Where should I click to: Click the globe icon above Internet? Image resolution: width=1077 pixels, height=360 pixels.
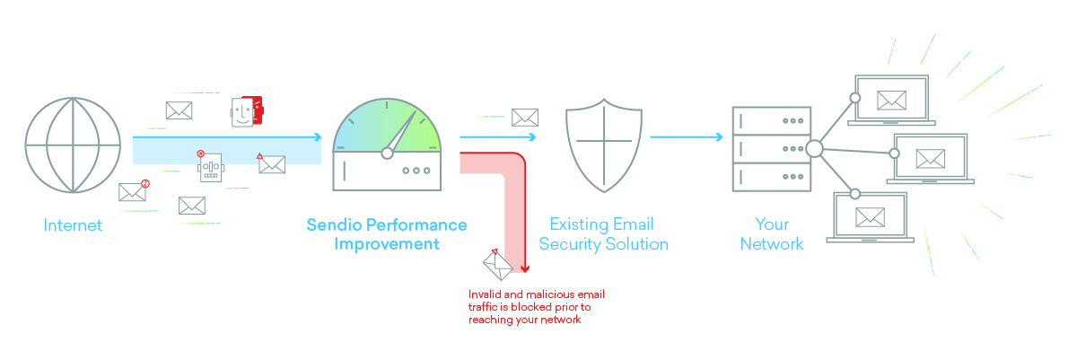click(x=73, y=145)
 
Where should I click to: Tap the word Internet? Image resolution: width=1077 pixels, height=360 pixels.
click(x=73, y=225)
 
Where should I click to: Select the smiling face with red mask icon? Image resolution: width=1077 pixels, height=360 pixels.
click(x=247, y=111)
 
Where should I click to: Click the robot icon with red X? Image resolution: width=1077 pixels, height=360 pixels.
click(x=211, y=166)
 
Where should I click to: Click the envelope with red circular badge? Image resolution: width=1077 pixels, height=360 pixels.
click(x=134, y=191)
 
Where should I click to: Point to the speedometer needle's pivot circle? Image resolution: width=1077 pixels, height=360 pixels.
click(x=387, y=154)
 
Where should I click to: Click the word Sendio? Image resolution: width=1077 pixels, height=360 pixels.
click(x=334, y=224)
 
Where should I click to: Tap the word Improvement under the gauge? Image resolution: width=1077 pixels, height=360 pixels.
click(x=387, y=244)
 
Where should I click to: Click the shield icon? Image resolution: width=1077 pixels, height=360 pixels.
click(x=604, y=145)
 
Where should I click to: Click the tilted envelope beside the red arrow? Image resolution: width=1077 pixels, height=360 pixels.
click(x=498, y=264)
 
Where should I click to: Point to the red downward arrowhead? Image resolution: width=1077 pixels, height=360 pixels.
click(x=525, y=268)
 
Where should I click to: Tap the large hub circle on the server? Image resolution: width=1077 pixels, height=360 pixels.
click(x=815, y=149)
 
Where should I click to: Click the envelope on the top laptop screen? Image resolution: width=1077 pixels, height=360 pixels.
click(x=891, y=101)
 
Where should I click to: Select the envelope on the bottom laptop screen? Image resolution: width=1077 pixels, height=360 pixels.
click(x=870, y=217)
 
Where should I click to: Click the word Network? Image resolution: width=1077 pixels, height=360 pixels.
click(x=772, y=244)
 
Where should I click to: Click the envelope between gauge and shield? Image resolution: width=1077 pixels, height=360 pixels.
click(x=524, y=118)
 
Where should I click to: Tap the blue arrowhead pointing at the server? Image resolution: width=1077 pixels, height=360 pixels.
click(x=719, y=137)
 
